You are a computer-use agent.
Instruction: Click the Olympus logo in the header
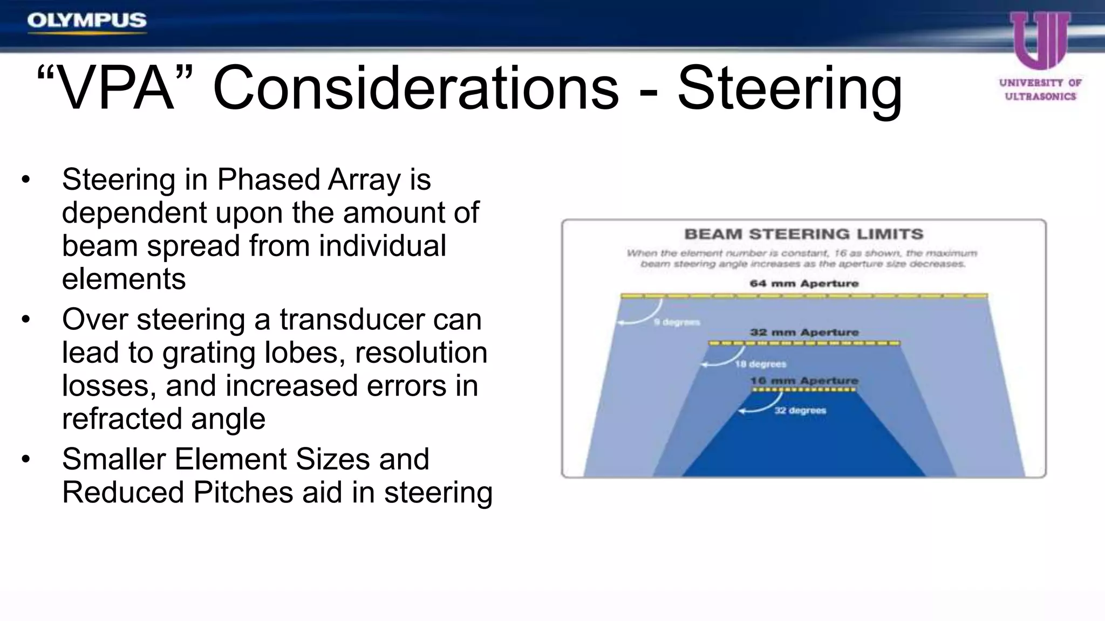[x=87, y=21]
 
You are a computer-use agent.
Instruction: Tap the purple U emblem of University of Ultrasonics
[x=1040, y=40]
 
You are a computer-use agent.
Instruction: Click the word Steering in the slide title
[x=789, y=89]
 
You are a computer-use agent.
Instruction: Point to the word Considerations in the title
[x=415, y=89]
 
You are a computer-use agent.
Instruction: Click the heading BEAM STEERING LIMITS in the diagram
[x=804, y=234]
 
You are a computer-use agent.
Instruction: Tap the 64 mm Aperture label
[x=804, y=284]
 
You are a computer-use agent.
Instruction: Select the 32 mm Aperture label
[x=804, y=332]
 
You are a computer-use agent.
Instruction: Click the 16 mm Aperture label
[x=804, y=381]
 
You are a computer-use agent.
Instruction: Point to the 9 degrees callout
[x=677, y=322]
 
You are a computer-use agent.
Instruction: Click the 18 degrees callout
[x=760, y=364]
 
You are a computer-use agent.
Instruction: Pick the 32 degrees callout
[x=800, y=411]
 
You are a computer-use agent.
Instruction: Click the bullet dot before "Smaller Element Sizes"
[x=26, y=459]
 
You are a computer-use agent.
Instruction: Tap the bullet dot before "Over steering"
[x=26, y=319]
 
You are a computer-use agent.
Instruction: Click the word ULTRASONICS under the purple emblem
[x=1040, y=96]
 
